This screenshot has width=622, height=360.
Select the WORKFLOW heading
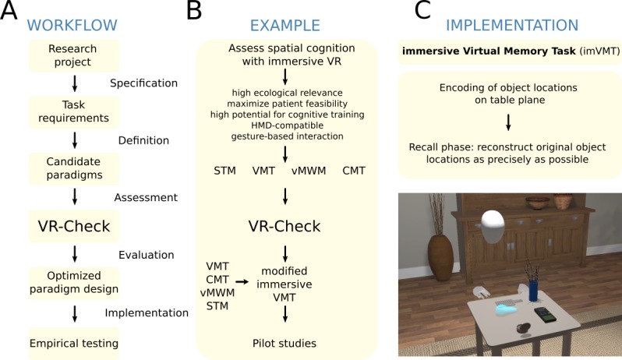(71, 25)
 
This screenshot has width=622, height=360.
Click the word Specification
(143, 83)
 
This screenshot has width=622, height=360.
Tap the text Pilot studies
(285, 342)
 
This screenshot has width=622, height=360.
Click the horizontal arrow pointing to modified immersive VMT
(242, 284)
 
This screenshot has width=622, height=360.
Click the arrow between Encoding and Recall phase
(507, 122)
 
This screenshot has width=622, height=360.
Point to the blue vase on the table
(532, 289)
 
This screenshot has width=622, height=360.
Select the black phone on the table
(546, 316)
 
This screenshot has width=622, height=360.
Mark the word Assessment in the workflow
(146, 198)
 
